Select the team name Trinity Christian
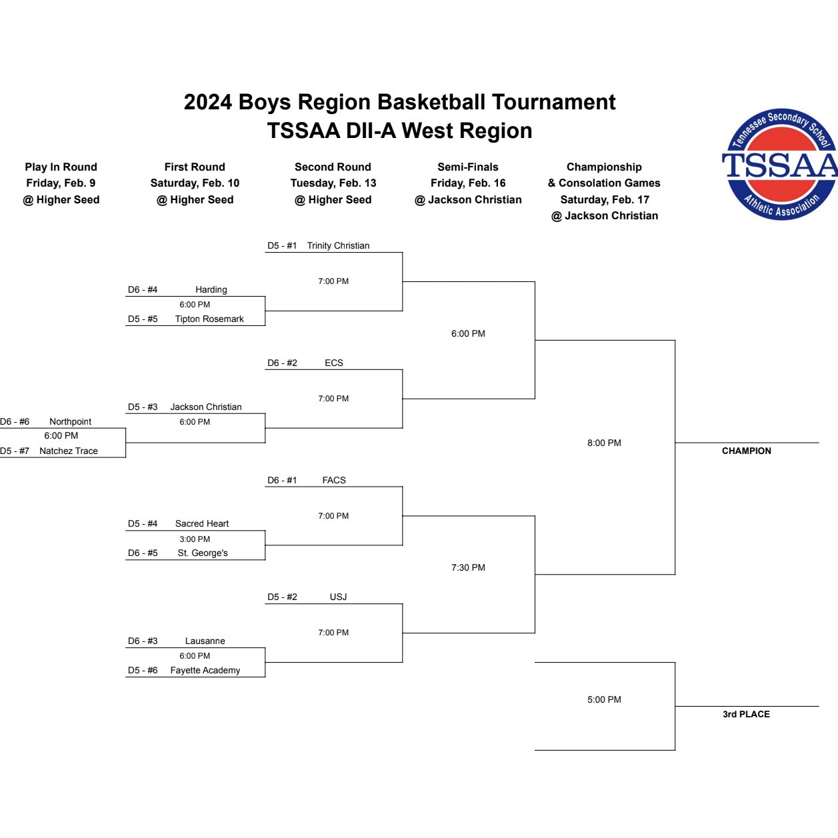click(338, 245)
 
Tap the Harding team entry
click(211, 289)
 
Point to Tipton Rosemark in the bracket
click(209, 319)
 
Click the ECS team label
click(334, 363)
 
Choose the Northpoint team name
click(70, 421)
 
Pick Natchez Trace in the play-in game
click(68, 451)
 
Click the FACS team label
click(334, 480)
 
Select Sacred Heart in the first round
click(202, 523)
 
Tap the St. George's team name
click(203, 553)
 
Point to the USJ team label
click(338, 597)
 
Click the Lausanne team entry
click(205, 641)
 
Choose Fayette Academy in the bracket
click(205, 670)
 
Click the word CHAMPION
click(746, 451)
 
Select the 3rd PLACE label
click(746, 714)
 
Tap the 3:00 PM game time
click(195, 539)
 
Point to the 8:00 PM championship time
click(604, 443)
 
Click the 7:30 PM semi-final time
click(468, 567)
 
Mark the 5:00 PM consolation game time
click(604, 699)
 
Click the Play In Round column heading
click(61, 167)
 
